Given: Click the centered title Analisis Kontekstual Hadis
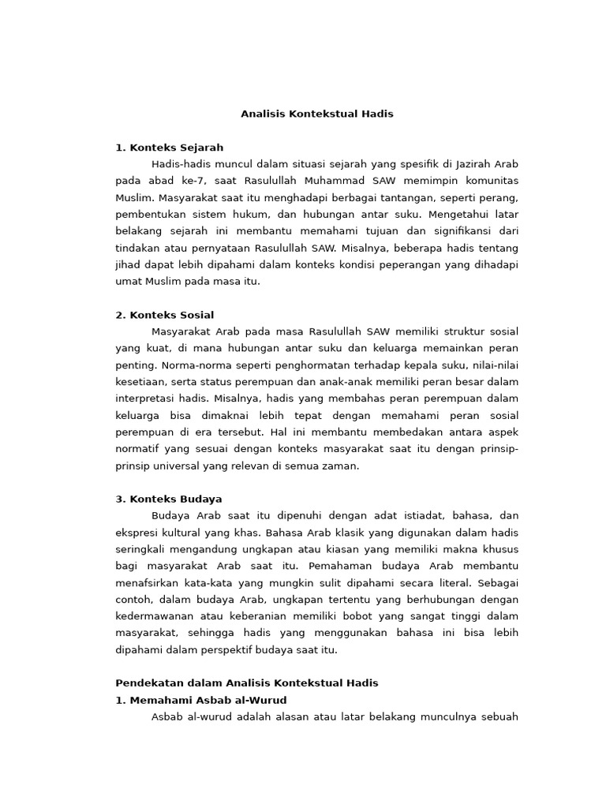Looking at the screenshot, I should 316,114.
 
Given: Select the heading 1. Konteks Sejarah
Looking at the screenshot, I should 170,147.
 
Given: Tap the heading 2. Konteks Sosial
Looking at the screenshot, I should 164,315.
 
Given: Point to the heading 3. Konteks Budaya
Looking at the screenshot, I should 169,499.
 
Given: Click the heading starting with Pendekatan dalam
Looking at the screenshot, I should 247,683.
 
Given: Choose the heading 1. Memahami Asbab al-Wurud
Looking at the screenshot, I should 201,700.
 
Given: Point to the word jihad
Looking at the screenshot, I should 127,264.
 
